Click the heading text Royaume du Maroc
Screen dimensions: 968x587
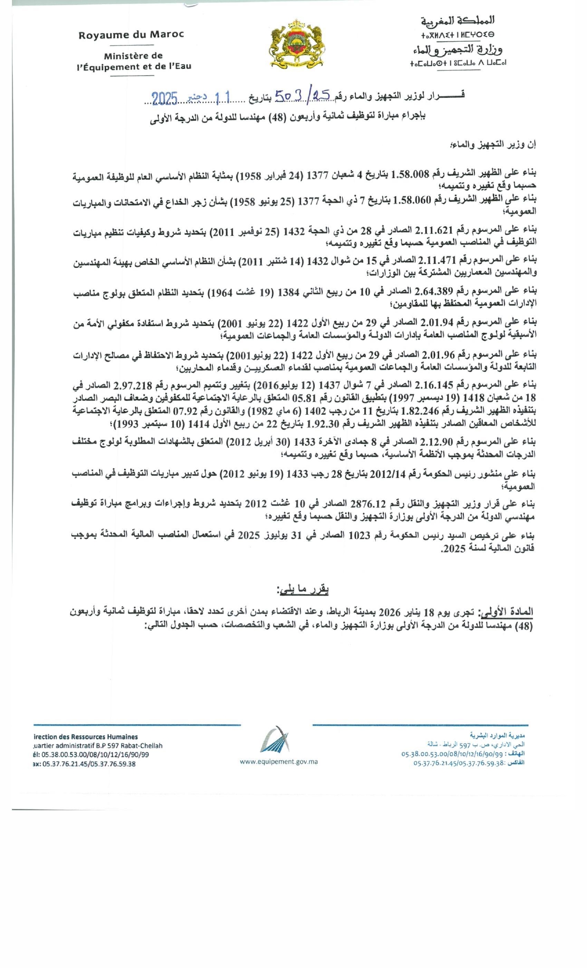coord(131,35)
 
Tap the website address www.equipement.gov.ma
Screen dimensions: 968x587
coord(279,761)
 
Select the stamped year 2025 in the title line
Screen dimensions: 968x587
coord(165,98)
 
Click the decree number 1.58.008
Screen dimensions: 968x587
coord(410,174)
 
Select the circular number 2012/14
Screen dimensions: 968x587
coord(387,474)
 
